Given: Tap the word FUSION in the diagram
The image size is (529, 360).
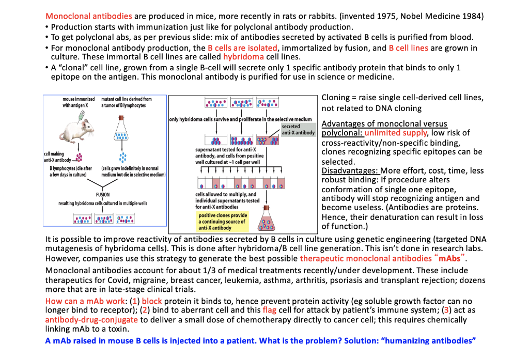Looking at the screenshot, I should click(102, 195).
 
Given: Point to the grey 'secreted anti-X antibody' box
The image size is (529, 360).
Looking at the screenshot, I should click(298, 130).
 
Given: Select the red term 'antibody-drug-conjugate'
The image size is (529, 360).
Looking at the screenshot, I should click(91, 320).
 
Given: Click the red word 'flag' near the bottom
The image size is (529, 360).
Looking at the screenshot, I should click(269, 310).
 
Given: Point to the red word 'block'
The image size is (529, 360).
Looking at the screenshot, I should click(152, 301).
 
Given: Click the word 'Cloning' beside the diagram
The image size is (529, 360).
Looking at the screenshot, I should click(337, 98).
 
